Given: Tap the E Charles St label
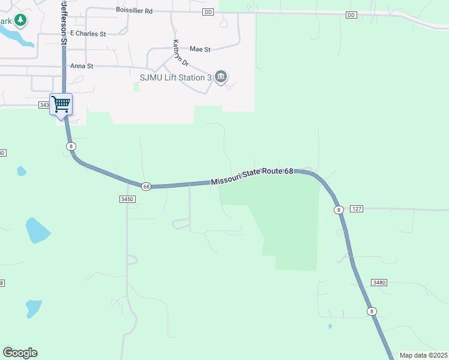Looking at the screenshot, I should coord(88,34).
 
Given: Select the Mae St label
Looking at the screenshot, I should coord(200,49).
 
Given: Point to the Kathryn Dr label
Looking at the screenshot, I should coord(176,53).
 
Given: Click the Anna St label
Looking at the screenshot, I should coord(82,66).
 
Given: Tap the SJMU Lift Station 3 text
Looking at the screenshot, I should coord(175,77).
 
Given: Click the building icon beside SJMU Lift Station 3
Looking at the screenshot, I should coord(221,77).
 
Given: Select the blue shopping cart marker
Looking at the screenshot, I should coord(61,104).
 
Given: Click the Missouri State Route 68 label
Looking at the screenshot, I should coord(252,176).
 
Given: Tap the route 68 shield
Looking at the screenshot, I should coord(146,187).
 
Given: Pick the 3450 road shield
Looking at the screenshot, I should coord(127,199).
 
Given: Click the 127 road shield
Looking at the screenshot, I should coord(356,209).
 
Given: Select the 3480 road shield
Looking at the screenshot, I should coord(378,282).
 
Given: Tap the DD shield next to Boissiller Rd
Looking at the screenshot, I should coord(208,12).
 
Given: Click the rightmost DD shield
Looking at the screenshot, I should coord(351,14).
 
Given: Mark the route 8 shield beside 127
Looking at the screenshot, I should coord(339,209).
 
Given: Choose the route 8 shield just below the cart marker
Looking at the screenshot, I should coord(71,146).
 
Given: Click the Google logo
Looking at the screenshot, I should coord(20,353).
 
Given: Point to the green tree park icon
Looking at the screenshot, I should coord(21,21).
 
